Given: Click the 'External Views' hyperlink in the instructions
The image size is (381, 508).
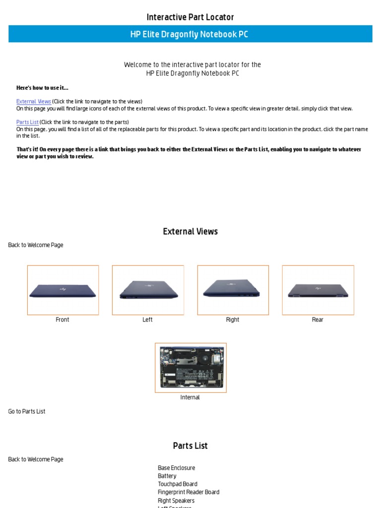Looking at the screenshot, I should point(34,101).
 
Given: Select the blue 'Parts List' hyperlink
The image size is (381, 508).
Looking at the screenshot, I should point(27,122).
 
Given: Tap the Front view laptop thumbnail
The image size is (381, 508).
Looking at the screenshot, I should point(63,290).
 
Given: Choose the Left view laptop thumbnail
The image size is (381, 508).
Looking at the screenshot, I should point(148,290).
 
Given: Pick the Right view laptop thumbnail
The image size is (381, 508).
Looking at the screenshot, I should point(233,290).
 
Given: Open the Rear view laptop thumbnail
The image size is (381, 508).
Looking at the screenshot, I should point(318,290).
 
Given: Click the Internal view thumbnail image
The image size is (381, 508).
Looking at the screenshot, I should point(190,368).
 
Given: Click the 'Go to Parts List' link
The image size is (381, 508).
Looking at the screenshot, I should point(27,411).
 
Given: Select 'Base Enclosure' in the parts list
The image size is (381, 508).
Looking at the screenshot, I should point(176,468).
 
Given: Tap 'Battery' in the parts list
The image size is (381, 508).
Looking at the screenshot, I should point(167,476).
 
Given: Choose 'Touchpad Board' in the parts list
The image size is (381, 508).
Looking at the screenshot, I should point(178,484).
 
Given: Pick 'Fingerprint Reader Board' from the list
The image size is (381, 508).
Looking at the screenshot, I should point(189,492).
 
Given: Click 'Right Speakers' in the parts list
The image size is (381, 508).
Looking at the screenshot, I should point(176,501).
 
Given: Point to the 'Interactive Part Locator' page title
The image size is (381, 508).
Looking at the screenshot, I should point(190,17).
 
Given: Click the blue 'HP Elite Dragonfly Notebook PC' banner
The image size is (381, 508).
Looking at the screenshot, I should point(190,34).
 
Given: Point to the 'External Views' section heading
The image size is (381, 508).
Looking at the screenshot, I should point(190,232).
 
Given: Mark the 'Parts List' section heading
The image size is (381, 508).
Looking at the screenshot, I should point(190,445).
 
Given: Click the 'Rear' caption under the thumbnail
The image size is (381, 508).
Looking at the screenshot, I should point(317,319).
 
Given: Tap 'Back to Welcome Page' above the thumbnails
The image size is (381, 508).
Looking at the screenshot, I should point(36,245).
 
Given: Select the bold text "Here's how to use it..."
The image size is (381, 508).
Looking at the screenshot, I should point(42,88).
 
